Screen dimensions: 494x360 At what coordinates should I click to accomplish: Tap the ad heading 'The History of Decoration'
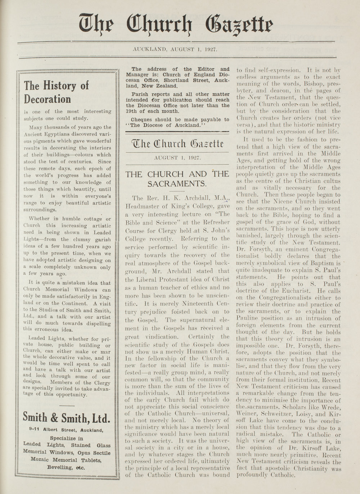(56, 92)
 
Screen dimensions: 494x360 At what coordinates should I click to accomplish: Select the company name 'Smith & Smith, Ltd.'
(66, 418)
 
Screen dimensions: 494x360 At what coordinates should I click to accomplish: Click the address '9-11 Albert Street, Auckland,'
(66, 430)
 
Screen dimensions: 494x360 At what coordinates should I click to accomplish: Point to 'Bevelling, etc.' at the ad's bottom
(66, 467)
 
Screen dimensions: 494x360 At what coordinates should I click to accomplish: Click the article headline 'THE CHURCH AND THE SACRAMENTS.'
(177, 178)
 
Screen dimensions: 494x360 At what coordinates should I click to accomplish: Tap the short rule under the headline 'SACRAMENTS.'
(177, 191)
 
